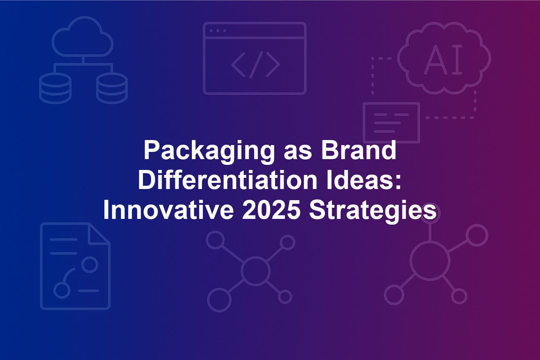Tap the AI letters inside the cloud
coord(443,59)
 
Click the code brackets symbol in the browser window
coord(256,65)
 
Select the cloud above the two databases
coord(82,36)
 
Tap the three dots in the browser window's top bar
coord(218,31)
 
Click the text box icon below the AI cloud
coord(392,123)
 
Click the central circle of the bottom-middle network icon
coord(255,271)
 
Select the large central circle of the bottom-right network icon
coord(430,261)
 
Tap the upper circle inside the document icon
coord(90,264)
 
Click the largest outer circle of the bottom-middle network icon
coord(219,300)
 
